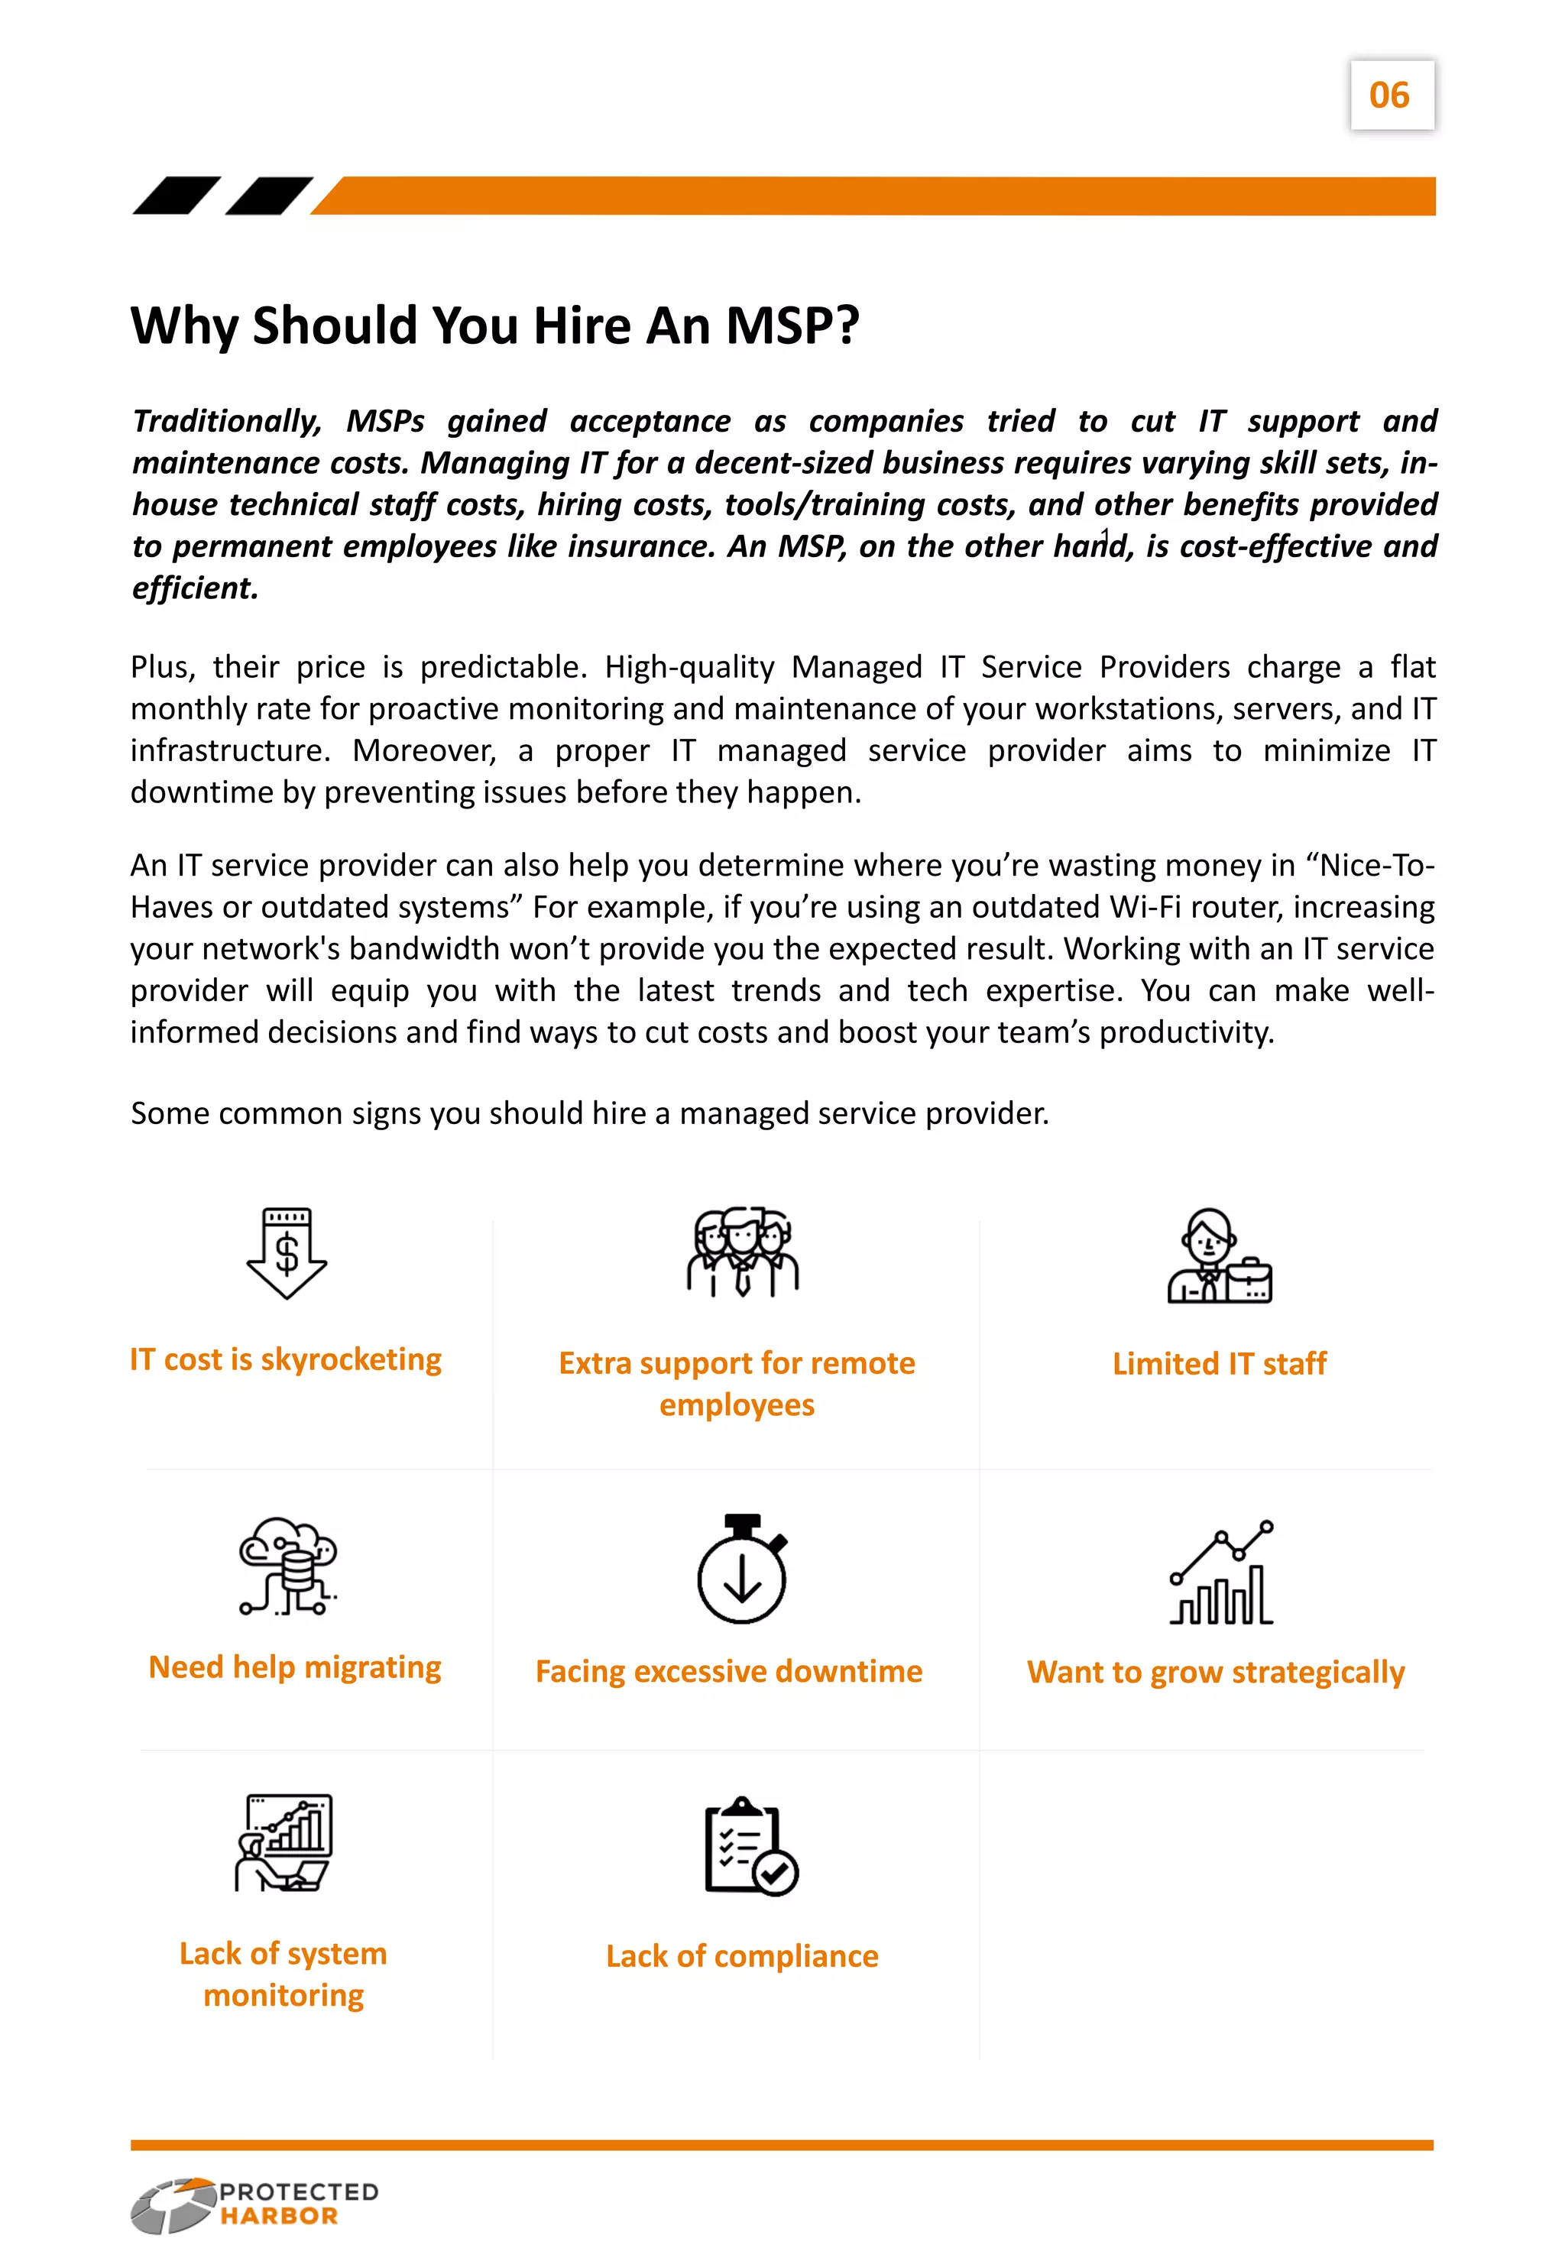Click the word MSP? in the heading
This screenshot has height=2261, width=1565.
792,326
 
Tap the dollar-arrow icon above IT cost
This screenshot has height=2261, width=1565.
287,1253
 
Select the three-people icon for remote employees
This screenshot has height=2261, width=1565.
742,1252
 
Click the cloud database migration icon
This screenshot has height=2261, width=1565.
288,1566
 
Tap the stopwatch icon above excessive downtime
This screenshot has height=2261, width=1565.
742,1569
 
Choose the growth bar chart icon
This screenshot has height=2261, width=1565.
1222,1573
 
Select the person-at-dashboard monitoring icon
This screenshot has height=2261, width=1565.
284,1842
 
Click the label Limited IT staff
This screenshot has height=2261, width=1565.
1219,1364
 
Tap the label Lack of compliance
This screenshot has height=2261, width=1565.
741,1956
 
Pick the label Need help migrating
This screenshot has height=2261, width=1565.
294,1667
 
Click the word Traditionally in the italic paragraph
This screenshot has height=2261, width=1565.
226,422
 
